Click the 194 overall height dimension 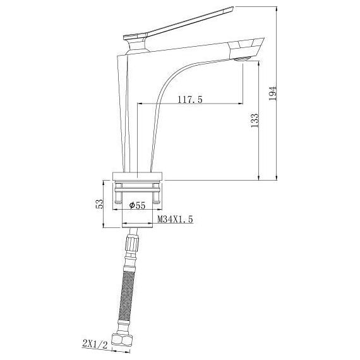[272, 93]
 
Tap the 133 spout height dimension [255, 120]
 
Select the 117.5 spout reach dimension [190, 99]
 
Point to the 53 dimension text [99, 203]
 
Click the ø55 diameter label [137, 205]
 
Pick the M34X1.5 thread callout [175, 219]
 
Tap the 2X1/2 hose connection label [95, 345]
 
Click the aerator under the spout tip [241, 59]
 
